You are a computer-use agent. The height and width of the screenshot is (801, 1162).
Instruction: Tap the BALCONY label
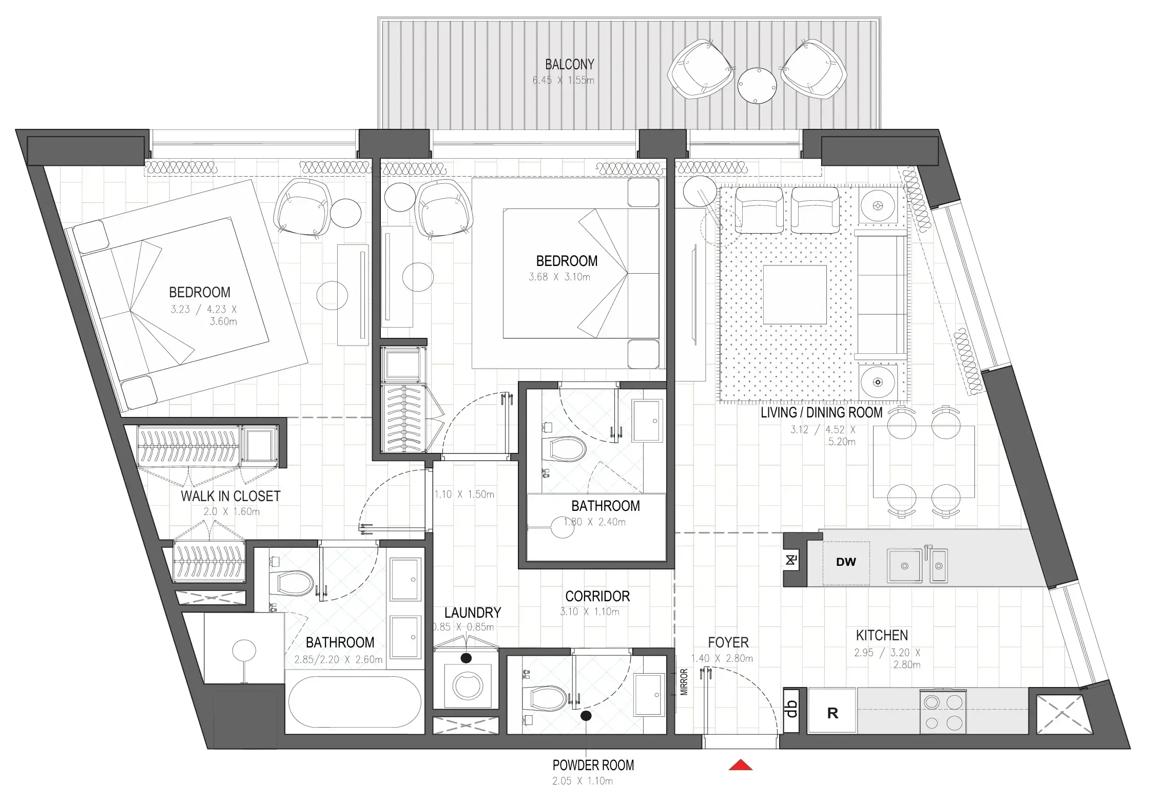point(569,65)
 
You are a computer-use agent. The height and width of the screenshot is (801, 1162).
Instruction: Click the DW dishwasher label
point(846,562)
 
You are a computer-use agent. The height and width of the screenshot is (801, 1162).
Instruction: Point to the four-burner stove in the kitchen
point(943,712)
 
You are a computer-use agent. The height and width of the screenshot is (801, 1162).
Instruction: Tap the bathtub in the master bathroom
point(354,701)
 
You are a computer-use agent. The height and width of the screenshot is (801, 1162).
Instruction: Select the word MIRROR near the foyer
point(684,682)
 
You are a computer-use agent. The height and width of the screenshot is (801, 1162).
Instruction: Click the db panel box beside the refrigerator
point(792,709)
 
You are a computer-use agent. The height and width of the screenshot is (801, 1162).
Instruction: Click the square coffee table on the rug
point(795,294)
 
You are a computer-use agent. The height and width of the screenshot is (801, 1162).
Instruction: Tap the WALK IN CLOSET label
point(230,496)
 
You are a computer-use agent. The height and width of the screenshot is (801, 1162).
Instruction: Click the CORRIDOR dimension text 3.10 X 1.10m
point(589,612)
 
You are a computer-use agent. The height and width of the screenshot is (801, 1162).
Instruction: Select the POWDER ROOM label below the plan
point(593,765)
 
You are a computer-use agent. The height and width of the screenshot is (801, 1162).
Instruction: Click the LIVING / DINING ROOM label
point(821,412)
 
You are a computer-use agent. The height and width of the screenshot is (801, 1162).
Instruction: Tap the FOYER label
point(728,642)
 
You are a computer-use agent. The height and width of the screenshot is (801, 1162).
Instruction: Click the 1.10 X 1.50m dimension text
point(464,494)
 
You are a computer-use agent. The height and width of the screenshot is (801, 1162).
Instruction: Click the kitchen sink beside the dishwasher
point(904,565)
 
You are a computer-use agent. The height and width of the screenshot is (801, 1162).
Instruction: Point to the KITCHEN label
point(882,635)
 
